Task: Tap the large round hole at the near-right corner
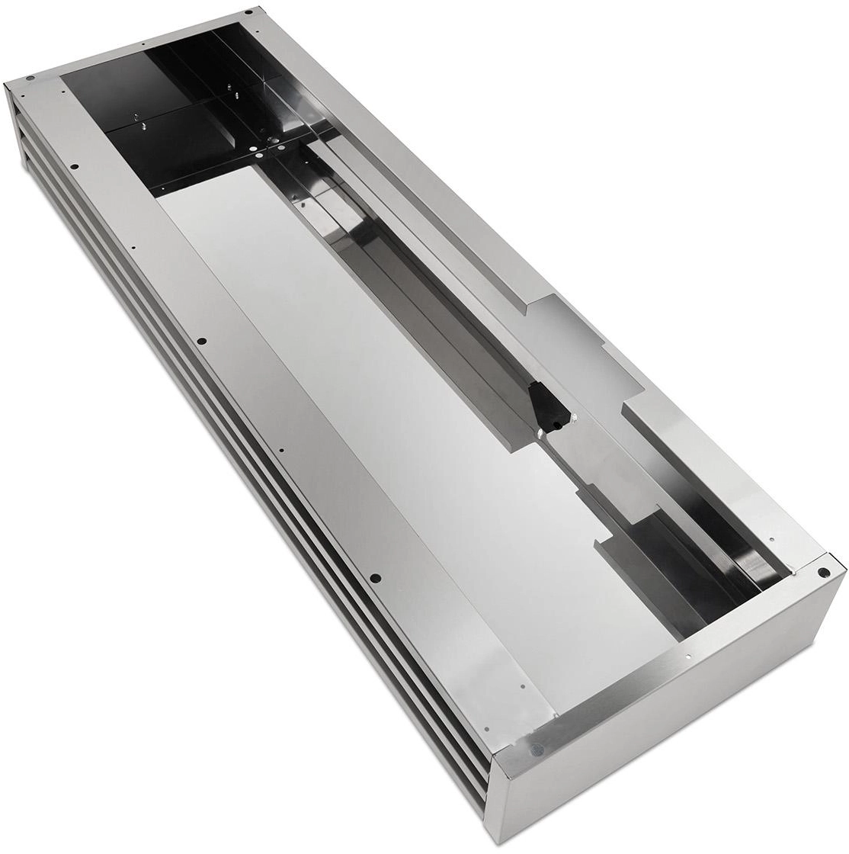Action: [822, 572]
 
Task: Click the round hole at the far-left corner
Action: [28, 79]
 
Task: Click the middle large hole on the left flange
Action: [201, 340]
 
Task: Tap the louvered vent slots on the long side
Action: [229, 534]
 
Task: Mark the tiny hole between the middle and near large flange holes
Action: [282, 450]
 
